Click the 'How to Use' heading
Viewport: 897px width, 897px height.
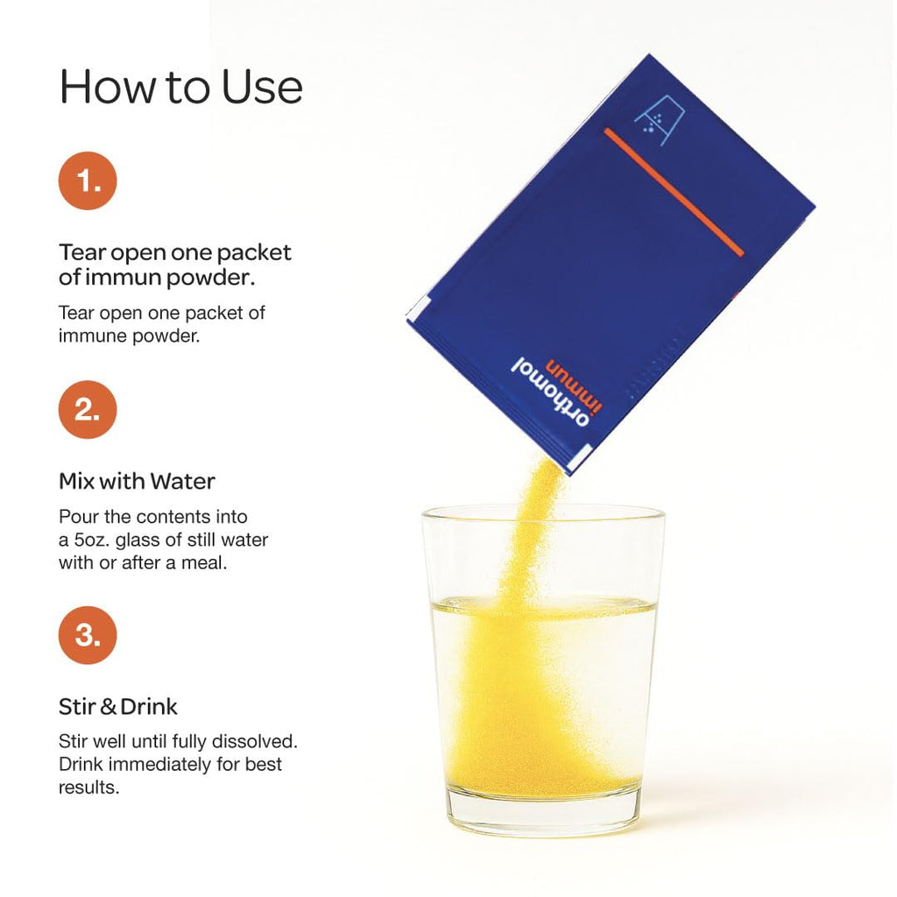[180, 87]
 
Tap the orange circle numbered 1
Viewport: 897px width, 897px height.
[88, 180]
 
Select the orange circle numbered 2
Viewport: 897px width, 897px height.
[88, 410]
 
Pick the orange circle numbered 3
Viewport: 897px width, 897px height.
[88, 635]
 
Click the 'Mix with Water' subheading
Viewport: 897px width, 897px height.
[137, 481]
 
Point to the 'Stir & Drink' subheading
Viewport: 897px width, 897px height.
[118, 707]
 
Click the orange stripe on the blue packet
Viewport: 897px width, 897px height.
[674, 192]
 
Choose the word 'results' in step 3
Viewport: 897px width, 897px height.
[88, 788]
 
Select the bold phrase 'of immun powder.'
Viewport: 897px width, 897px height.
[157, 278]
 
